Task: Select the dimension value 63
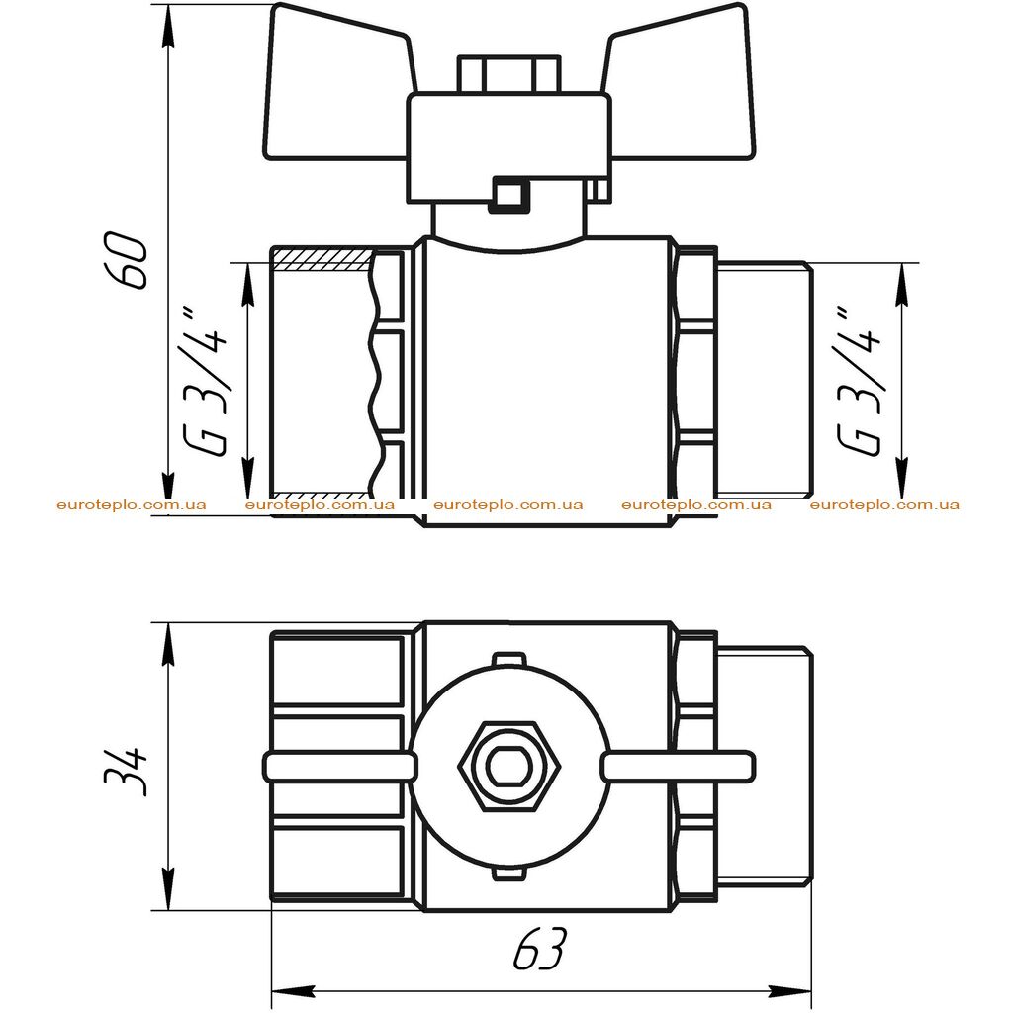click(x=540, y=949)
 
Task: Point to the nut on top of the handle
click(x=508, y=75)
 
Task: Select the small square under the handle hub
click(x=509, y=195)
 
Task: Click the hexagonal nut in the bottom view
click(x=508, y=766)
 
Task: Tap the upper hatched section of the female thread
click(x=322, y=258)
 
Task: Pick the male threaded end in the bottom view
click(x=765, y=765)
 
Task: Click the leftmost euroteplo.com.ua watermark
click(x=132, y=505)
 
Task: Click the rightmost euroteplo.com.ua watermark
click(x=884, y=505)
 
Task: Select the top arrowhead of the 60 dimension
click(x=168, y=26)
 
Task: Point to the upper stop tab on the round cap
click(x=508, y=659)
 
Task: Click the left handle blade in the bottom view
click(x=339, y=767)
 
